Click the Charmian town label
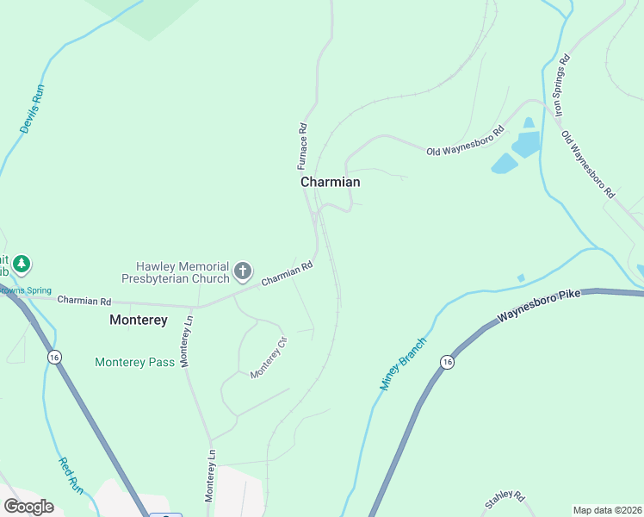(x=330, y=183)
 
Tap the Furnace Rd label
(x=303, y=144)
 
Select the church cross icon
(x=243, y=271)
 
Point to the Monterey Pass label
(x=134, y=363)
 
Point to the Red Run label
(x=71, y=474)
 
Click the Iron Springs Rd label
(x=560, y=85)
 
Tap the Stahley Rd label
(x=505, y=498)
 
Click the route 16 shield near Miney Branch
(x=446, y=362)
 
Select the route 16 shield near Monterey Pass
(x=54, y=357)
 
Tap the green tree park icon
(x=22, y=264)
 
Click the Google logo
(x=28, y=506)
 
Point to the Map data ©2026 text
(x=607, y=510)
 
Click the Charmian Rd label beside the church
(x=287, y=275)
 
